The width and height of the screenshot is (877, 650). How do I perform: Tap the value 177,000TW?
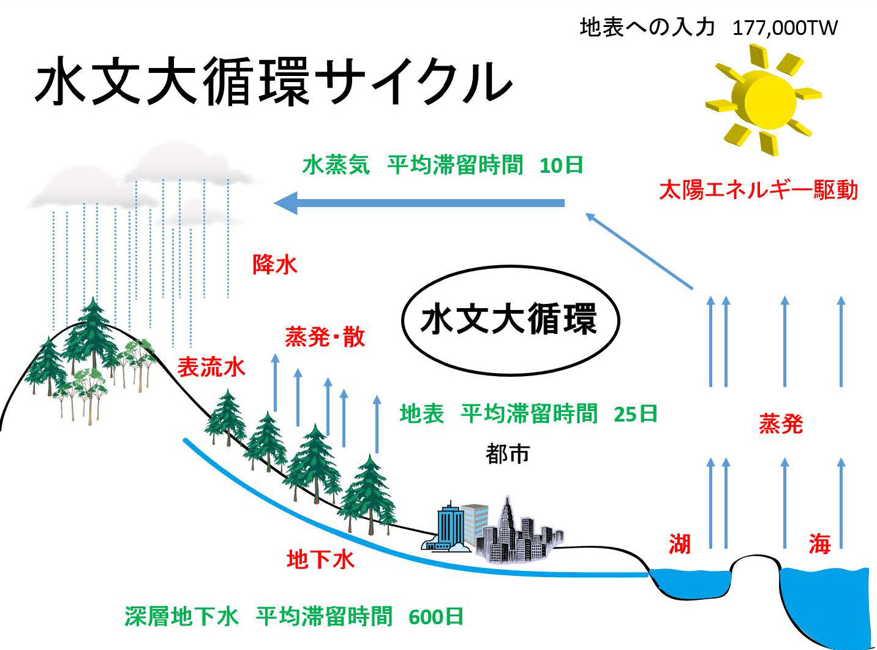coord(785,28)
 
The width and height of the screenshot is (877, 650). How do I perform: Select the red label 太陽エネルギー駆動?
coord(758,190)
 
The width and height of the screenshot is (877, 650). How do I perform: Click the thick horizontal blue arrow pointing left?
coord(419,203)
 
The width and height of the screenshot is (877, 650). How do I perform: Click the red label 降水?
coord(275,264)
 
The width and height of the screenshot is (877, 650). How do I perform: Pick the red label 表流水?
coord(211,367)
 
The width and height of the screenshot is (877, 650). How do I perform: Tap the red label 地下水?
coord(320,560)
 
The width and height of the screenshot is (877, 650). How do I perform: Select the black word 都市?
coord(508,454)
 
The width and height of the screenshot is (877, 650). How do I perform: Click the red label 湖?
coord(680,544)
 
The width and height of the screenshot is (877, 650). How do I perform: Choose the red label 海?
coord(819,544)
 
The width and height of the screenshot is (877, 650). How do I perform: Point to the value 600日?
coord(435,617)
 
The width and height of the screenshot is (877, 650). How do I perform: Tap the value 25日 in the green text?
coord(636,414)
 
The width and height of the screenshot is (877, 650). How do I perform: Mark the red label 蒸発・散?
coord(325,337)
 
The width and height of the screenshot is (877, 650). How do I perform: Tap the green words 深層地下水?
coord(181,616)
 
